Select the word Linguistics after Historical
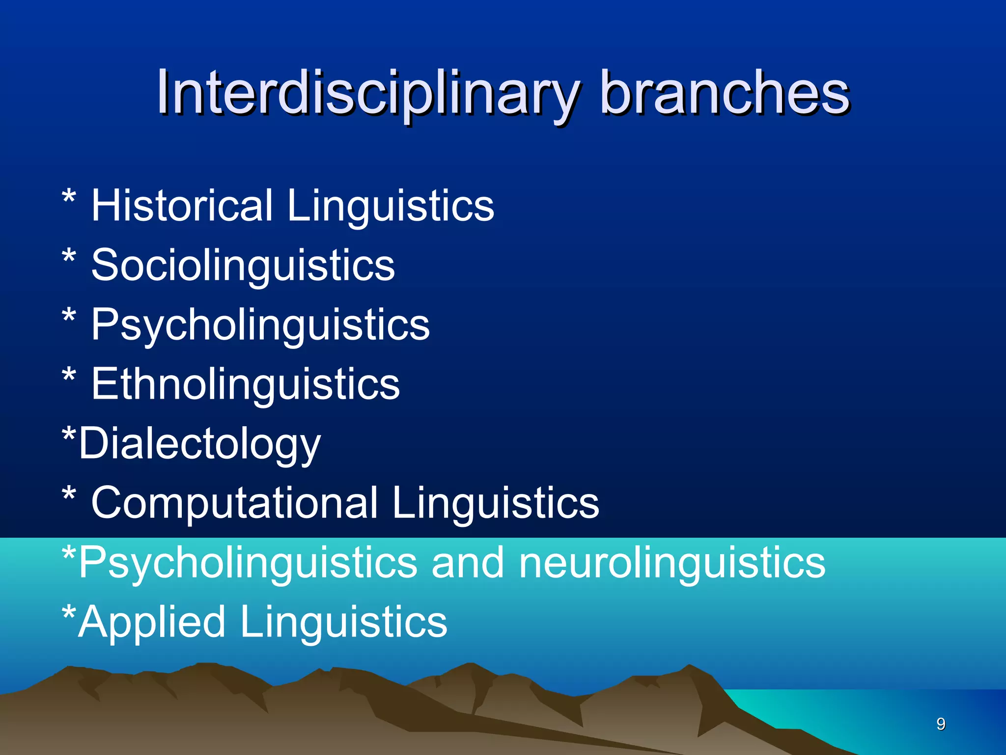[391, 206]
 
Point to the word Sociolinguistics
[243, 265]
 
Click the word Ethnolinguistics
[246, 384]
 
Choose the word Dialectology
[199, 444]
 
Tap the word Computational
[234, 503]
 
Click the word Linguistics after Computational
[496, 503]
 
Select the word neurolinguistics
[672, 563]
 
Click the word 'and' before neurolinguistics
[467, 562]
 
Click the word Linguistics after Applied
[344, 622]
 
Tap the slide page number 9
[941, 724]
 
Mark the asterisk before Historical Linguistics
[69, 199]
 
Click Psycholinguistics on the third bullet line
[260, 325]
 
